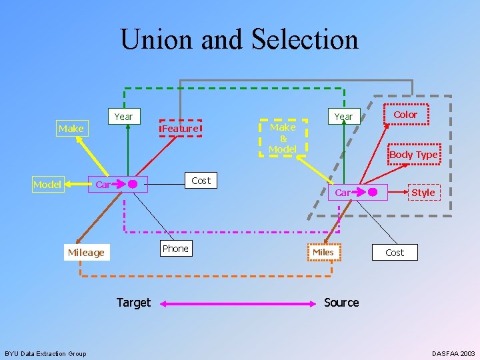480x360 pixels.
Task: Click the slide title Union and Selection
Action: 239,39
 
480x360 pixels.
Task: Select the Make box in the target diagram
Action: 71,128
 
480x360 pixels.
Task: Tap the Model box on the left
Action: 47,184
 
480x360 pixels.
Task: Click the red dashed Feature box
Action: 180,128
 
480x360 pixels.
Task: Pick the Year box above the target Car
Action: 123,117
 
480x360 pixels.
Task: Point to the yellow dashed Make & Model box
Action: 283,138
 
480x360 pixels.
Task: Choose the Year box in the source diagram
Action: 343,117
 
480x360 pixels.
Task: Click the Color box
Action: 405,115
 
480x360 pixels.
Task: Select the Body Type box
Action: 413,155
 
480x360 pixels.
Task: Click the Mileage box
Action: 86,252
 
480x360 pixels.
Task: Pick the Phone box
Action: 175,249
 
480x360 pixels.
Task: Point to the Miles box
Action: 323,252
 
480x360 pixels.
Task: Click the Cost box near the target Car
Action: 201,180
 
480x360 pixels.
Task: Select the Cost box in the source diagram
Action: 395,252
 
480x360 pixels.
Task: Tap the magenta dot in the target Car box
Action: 133,184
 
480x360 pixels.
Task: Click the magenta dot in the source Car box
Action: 373,193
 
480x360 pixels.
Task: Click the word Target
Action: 133,303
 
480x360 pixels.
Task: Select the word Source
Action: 341,303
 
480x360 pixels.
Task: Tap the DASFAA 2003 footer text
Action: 453,353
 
